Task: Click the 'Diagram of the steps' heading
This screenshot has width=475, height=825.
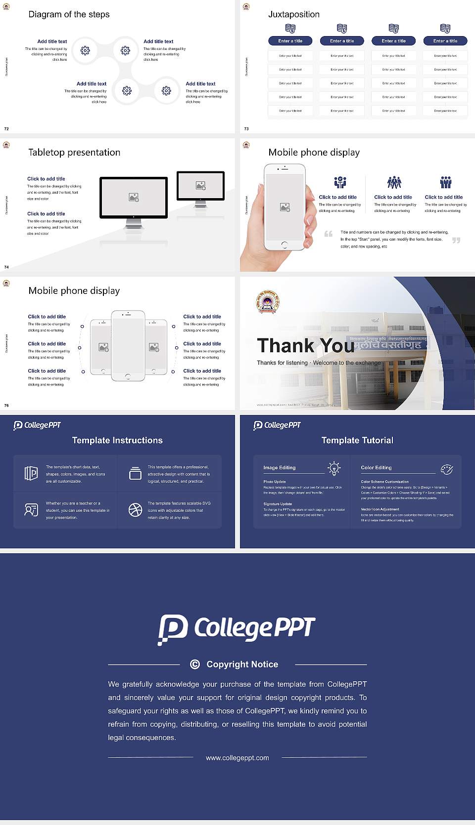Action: tap(69, 14)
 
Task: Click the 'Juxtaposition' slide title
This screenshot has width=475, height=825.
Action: tap(293, 14)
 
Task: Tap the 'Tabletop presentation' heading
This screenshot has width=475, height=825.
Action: tap(74, 153)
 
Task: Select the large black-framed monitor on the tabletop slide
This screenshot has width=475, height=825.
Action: tap(134, 198)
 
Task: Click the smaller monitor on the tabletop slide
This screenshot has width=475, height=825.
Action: tap(200, 186)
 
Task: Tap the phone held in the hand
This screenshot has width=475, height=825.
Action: tap(285, 207)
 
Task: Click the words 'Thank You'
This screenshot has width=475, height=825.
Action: tap(305, 346)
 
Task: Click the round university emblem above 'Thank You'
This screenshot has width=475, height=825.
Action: tap(268, 301)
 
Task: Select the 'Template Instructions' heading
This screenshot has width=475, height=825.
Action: tap(117, 440)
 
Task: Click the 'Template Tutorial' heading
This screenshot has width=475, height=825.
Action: tap(357, 440)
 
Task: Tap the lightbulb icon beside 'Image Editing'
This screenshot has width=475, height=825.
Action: tap(334, 468)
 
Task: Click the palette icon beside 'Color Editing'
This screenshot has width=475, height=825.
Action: tap(447, 469)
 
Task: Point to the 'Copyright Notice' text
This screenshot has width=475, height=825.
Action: tap(242, 664)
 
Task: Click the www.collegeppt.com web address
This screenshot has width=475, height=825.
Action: tap(237, 758)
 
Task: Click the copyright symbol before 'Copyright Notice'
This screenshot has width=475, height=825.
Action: tap(195, 664)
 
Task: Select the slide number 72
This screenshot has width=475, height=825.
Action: tap(6, 128)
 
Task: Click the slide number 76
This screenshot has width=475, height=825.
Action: tap(6, 405)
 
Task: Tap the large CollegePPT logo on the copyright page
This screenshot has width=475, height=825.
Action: tap(237, 629)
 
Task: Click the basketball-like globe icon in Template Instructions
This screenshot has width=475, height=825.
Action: tap(135, 510)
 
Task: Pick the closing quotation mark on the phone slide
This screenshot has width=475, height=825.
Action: tap(456, 240)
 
